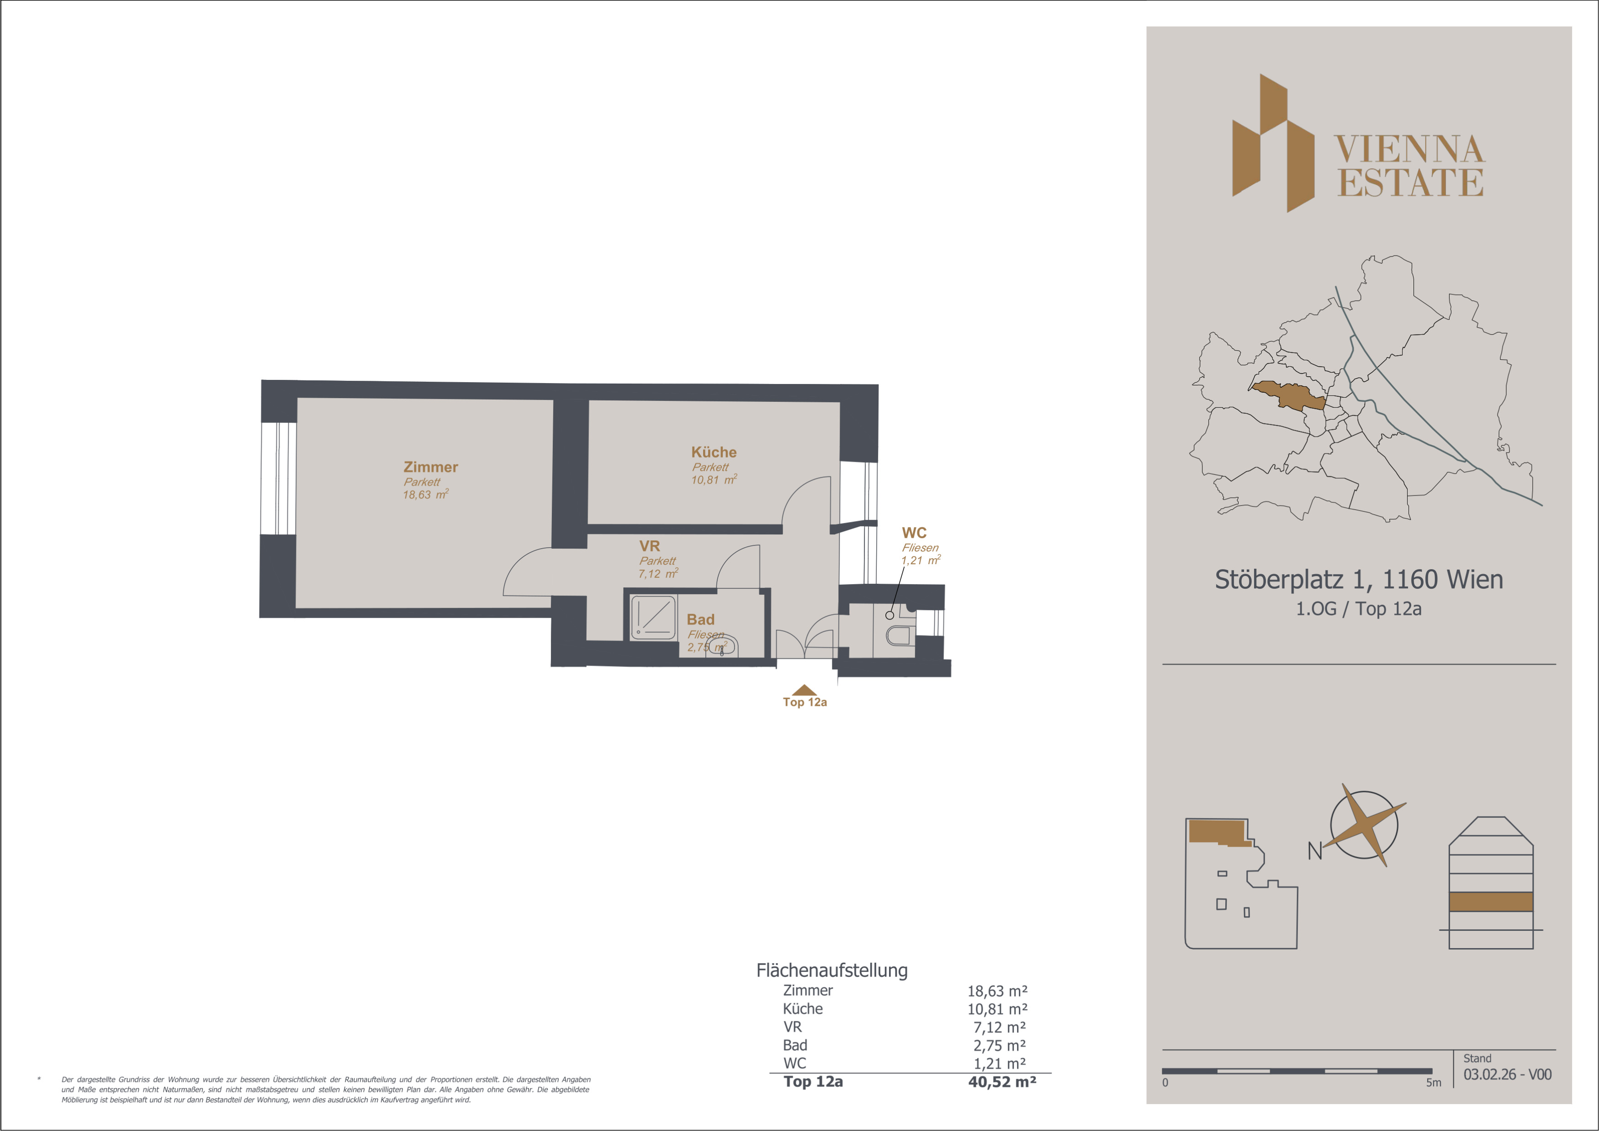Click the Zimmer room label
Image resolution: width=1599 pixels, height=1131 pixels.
[x=430, y=467]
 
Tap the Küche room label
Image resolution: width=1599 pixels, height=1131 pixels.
[x=714, y=452]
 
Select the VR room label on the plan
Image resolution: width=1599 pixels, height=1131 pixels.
[x=650, y=546]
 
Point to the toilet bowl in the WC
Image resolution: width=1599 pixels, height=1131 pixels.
[x=898, y=635]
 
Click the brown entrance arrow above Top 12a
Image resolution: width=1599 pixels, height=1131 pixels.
[x=805, y=690]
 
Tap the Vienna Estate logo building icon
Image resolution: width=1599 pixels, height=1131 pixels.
[x=1273, y=143]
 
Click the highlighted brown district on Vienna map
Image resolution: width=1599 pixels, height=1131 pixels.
[x=1288, y=395]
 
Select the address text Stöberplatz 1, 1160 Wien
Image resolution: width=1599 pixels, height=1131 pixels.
[x=1359, y=579]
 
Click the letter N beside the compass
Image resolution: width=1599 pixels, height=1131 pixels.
[x=1315, y=851]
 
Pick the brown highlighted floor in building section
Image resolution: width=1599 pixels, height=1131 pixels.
[x=1491, y=902]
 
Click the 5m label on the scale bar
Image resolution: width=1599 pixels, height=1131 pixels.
[x=1433, y=1082]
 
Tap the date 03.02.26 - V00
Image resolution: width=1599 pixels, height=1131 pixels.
[x=1507, y=1075]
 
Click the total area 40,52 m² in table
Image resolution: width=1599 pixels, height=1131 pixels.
[x=1002, y=1082]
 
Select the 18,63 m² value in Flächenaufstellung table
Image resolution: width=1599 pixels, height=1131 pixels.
[x=997, y=991]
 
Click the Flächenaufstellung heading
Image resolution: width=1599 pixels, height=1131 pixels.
[x=832, y=970]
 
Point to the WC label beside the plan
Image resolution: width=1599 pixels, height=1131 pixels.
[x=915, y=533]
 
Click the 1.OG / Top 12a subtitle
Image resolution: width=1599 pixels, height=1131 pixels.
[x=1359, y=609]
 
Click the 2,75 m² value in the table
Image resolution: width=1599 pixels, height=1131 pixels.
[x=1000, y=1046]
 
